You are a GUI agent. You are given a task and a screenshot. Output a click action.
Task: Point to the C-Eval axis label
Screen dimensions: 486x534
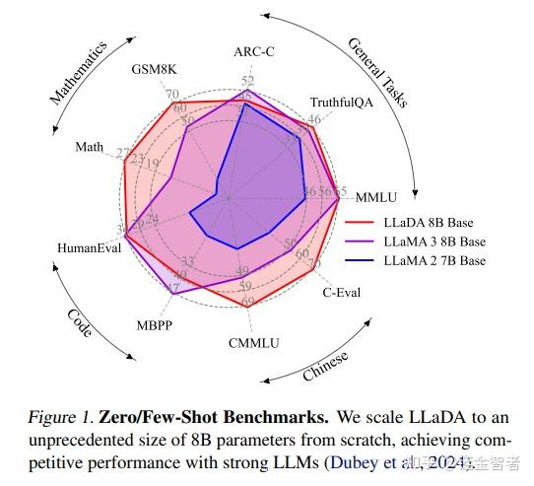[344, 292]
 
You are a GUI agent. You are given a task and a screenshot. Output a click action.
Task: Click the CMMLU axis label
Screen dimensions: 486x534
[254, 342]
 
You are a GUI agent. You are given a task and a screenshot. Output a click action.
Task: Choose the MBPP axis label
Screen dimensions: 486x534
[157, 323]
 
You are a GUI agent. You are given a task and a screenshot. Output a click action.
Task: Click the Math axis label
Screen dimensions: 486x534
[89, 147]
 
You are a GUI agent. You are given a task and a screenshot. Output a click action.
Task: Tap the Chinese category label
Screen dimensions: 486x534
[325, 368]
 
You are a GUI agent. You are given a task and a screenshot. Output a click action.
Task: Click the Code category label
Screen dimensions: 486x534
[81, 322]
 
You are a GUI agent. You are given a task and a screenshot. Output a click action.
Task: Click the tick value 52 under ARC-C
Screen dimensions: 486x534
[247, 81]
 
